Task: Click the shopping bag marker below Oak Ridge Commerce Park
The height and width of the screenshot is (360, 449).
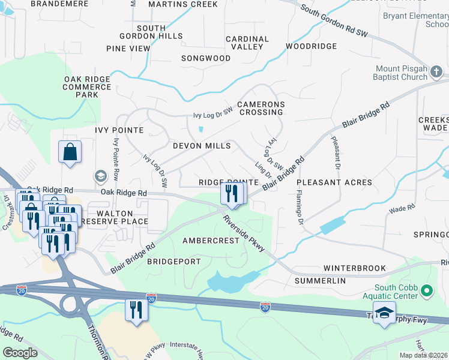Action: click(70, 152)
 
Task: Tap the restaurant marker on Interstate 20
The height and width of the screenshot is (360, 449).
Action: click(136, 310)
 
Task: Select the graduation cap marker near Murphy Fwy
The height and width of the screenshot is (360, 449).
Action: click(384, 313)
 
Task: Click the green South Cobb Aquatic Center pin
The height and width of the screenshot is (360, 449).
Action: click(427, 292)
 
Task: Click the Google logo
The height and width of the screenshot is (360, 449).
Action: click(20, 353)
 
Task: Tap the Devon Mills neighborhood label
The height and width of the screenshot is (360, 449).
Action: click(202, 146)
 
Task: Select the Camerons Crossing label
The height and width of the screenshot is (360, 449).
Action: click(260, 108)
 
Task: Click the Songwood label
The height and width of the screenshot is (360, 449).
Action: click(206, 58)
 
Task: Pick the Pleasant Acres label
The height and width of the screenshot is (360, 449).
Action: click(334, 182)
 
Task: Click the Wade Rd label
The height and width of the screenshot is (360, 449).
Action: click(402, 208)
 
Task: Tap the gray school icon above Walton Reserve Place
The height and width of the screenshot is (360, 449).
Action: click(100, 176)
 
